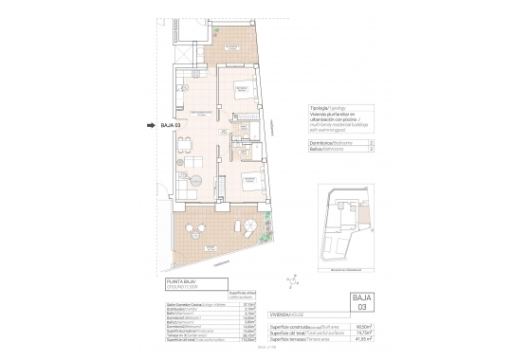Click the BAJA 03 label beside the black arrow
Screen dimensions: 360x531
point(171,124)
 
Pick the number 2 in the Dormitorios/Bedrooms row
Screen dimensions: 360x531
point(370,141)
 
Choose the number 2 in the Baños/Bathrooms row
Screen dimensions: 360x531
point(370,149)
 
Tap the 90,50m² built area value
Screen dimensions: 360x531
point(364,325)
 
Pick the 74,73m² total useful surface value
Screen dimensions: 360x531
point(364,333)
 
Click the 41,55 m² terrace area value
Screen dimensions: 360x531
point(364,340)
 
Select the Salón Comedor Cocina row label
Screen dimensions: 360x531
point(186,305)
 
